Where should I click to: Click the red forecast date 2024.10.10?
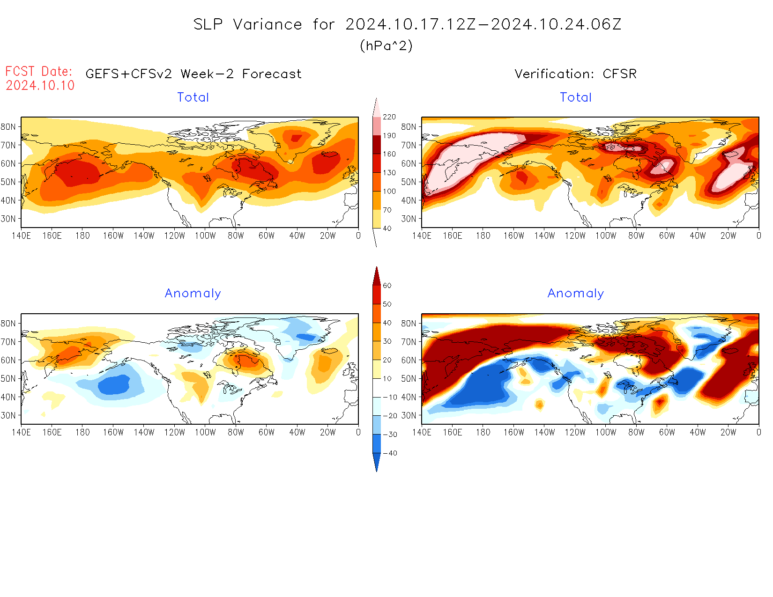pos(40,86)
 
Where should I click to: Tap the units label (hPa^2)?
pos(386,45)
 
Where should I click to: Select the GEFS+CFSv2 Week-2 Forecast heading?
pos(193,74)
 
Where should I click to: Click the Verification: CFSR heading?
pos(575,74)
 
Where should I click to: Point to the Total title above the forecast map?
pos(193,97)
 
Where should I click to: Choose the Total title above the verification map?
pos(576,97)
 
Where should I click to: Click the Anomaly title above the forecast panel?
pos(193,294)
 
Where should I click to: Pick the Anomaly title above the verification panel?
pos(576,294)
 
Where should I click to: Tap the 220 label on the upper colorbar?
pos(389,117)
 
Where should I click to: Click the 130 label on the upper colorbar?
pos(389,173)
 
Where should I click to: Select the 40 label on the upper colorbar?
pos(387,228)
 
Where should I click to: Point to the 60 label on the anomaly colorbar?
pos(387,286)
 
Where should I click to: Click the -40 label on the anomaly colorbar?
pos(390,453)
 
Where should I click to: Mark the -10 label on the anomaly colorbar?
pos(390,397)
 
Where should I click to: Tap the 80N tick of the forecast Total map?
pos(8,127)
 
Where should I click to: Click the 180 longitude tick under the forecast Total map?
pos(82,236)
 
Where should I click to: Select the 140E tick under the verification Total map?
pos(422,236)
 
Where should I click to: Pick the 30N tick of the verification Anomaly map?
pos(409,415)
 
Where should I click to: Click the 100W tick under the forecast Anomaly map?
pos(205,433)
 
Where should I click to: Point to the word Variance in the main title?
pos(268,24)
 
